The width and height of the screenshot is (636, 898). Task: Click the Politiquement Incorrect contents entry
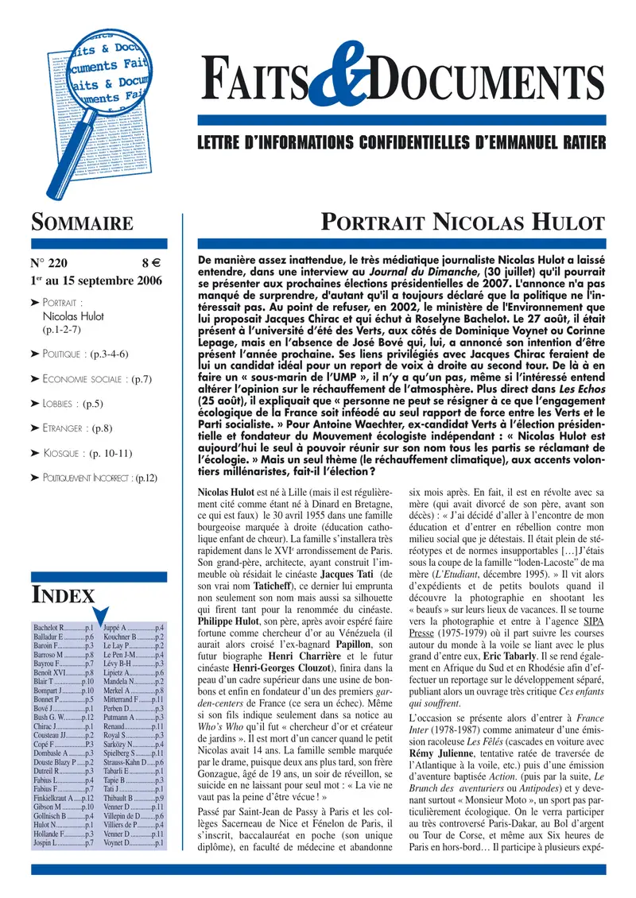click(100, 478)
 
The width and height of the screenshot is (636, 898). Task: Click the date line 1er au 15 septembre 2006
click(96, 281)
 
